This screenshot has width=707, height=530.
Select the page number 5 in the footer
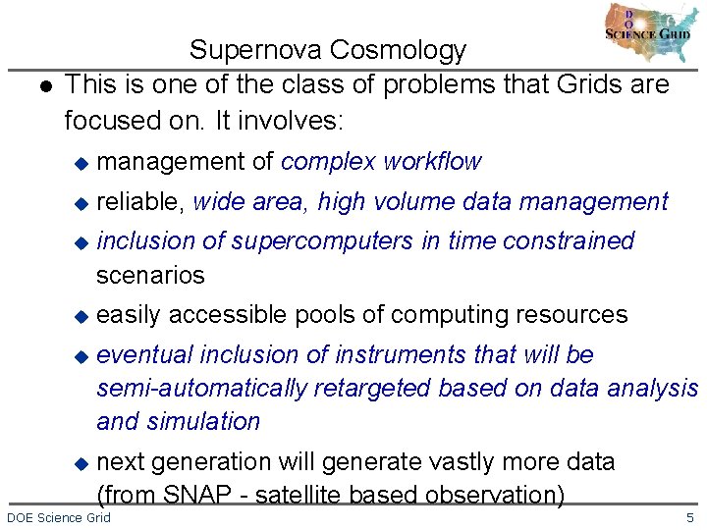click(689, 517)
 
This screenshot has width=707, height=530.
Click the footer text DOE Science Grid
click(59, 517)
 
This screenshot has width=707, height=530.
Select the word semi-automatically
click(201, 388)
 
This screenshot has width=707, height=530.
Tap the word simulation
click(206, 421)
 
